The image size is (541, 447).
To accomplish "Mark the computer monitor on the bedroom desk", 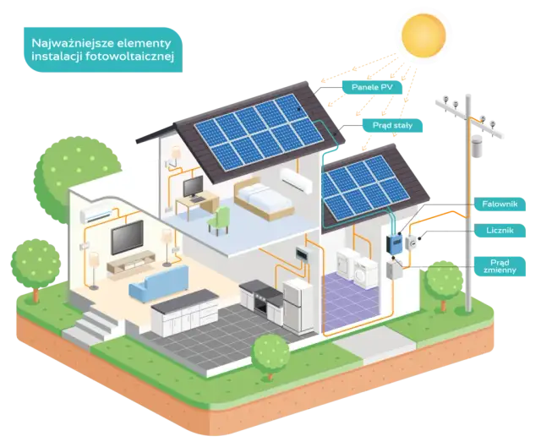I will tap(193, 186).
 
